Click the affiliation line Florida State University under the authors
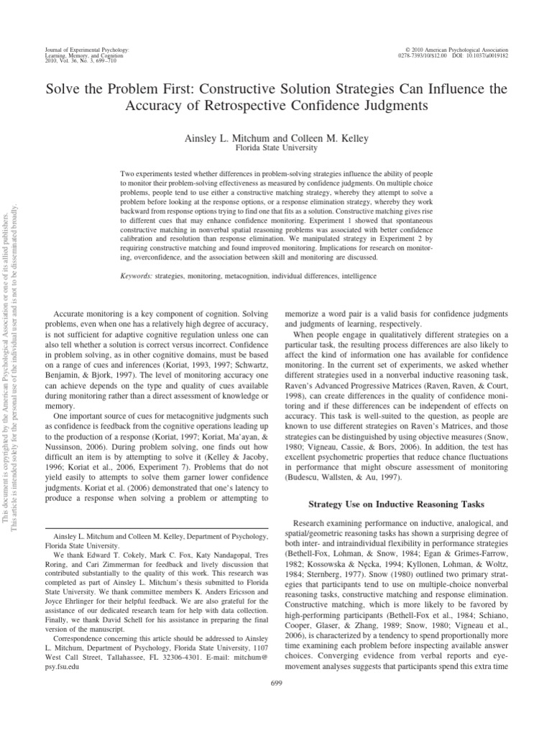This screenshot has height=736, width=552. [x=276, y=147]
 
